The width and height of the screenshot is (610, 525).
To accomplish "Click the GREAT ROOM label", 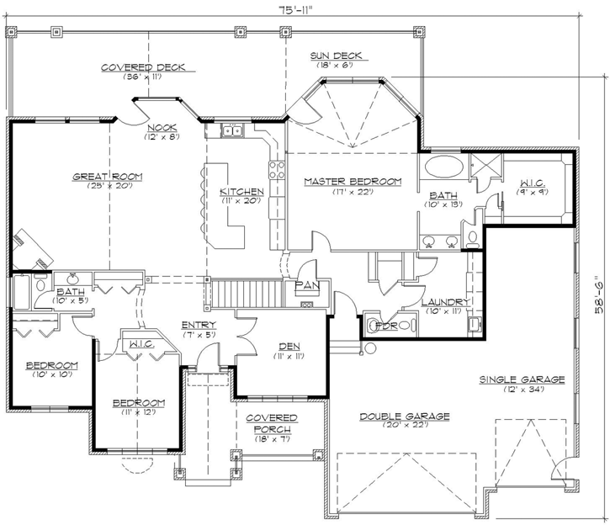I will click(107, 177).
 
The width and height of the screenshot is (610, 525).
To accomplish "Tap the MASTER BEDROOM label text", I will click(353, 181).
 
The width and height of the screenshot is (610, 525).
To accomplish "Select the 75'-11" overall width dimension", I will click(305, 9).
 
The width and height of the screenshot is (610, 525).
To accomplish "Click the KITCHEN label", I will click(241, 192).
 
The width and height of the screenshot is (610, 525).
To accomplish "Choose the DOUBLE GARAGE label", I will click(405, 416).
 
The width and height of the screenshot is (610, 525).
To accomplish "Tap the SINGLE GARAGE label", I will click(522, 379).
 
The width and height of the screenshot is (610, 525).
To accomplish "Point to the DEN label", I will click(283, 346).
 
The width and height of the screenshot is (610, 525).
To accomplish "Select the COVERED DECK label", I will click(143, 67).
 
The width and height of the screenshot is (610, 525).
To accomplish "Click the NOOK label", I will click(161, 126).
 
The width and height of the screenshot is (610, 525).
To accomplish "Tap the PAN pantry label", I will click(305, 286).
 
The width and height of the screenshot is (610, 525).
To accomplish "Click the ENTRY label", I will click(199, 325).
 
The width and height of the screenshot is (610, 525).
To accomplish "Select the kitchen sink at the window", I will click(233, 131).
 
